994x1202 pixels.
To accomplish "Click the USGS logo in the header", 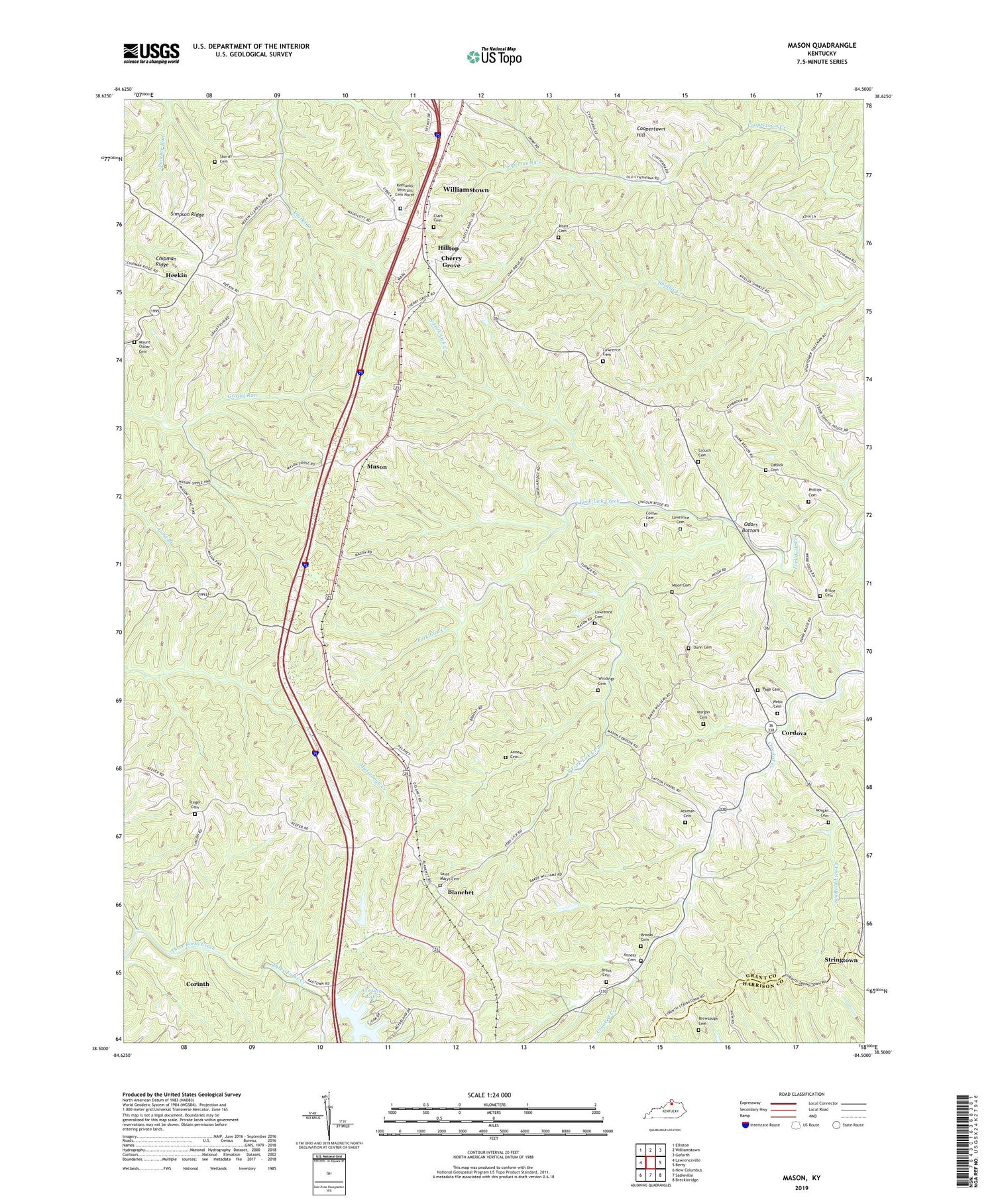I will [151, 52].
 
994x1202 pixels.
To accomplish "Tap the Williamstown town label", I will [466, 190].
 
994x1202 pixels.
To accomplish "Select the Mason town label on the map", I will [377, 467].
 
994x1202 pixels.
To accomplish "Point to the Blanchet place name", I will [461, 892].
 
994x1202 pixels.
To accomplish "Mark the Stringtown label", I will [840, 960].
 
